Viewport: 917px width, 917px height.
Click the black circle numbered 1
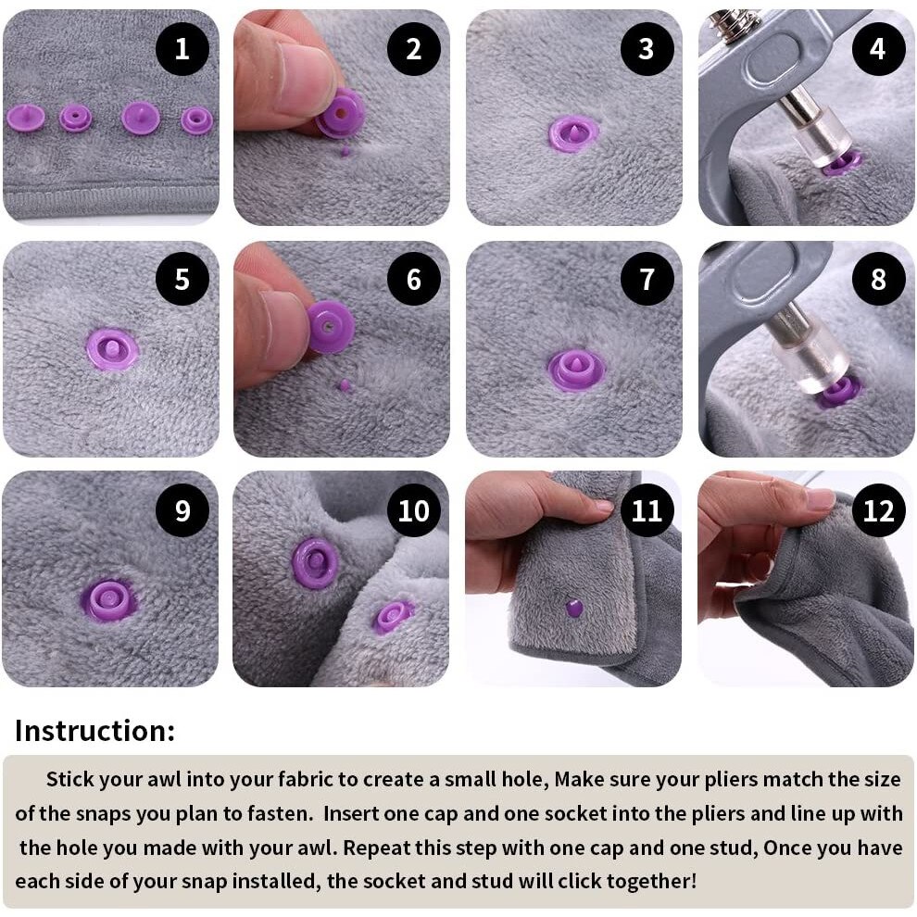pyautogui.click(x=182, y=49)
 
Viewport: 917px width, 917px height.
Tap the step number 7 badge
pyautogui.click(x=647, y=279)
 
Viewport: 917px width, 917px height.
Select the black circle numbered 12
pyautogui.click(x=878, y=510)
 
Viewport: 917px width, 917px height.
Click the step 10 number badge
pyautogui.click(x=414, y=510)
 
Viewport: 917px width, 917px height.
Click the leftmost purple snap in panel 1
pyautogui.click(x=26, y=118)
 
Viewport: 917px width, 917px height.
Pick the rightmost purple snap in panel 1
pyautogui.click(x=196, y=119)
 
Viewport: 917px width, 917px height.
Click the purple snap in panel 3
pyautogui.click(x=573, y=133)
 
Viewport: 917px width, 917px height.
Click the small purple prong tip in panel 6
pyautogui.click(x=345, y=384)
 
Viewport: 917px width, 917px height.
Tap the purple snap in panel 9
pyautogui.click(x=109, y=600)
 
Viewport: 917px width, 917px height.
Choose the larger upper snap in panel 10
pyautogui.click(x=315, y=562)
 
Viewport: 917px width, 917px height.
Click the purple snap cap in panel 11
pyautogui.click(x=574, y=609)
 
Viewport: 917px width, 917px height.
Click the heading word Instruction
pyautogui.click(x=94, y=731)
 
